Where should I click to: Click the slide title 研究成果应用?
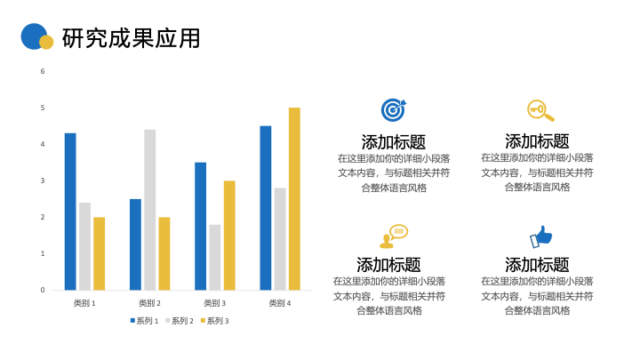[131, 38]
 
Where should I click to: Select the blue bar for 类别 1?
[70, 212]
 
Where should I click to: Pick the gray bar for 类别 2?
[150, 210]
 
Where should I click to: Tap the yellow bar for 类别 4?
[294, 199]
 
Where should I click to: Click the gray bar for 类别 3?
[215, 257]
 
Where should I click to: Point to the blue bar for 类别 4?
[265, 208]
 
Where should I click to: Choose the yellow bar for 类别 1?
[100, 253]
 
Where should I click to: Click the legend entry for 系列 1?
[144, 321]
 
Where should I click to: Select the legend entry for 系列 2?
[180, 321]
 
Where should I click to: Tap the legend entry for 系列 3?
[215, 321]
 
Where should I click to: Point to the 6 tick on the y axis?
[43, 71]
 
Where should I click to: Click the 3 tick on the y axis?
[43, 180]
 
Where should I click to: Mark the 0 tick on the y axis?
[43, 290]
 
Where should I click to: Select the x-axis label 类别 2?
[150, 303]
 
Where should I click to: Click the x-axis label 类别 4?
[280, 303]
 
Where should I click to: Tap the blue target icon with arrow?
[394, 110]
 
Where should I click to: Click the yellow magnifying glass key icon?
[540, 110]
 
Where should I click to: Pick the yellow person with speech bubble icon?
[394, 236]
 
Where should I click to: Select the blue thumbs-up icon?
[540, 236]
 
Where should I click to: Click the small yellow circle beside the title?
[46, 42]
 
